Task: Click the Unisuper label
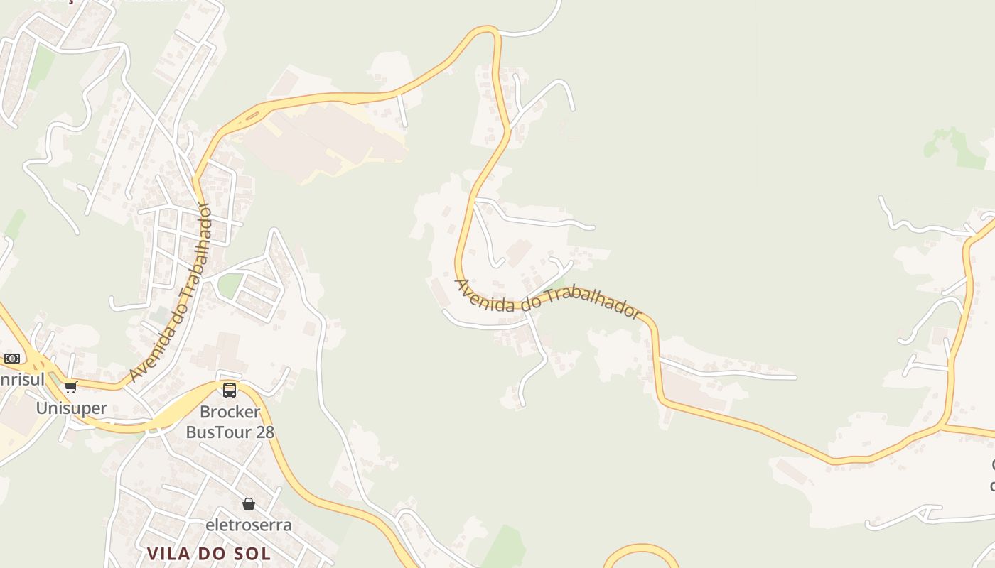71,408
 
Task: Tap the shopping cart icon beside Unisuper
70,387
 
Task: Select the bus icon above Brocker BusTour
230,390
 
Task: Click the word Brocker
230,412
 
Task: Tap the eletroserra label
248,525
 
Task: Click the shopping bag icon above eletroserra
248,504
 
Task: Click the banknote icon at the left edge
11,359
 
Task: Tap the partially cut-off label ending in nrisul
21,379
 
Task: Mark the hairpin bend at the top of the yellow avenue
489,31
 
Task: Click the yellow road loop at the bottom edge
641,550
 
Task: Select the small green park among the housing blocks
230,285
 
